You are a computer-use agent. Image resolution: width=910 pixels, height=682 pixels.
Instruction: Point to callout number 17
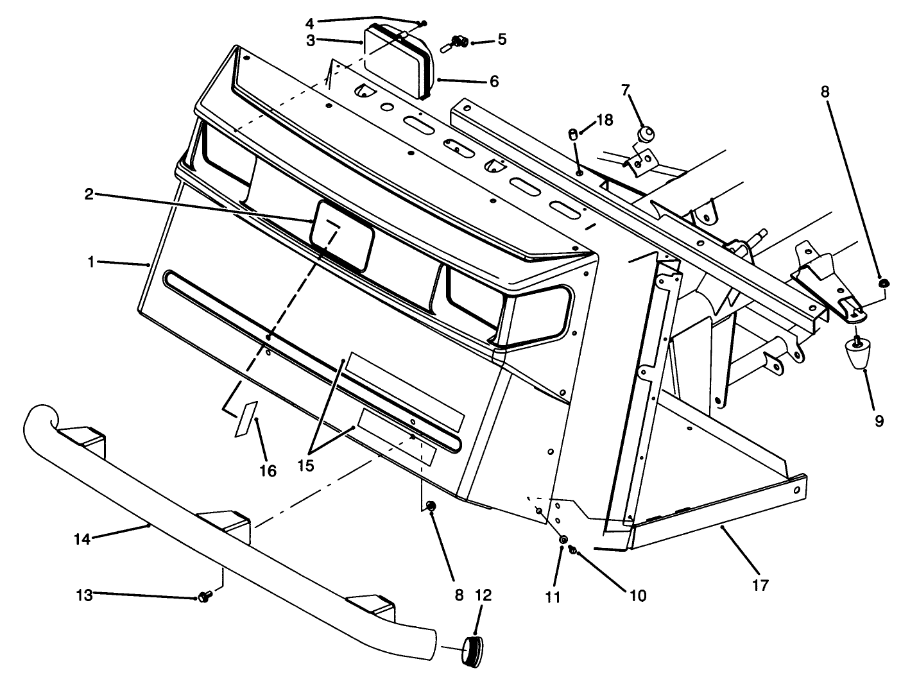click(x=761, y=584)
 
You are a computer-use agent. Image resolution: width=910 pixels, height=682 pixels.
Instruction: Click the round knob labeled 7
click(x=647, y=135)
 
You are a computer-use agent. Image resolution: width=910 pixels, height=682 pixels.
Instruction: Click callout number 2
click(x=89, y=194)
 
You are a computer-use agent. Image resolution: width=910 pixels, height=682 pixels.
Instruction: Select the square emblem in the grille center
click(x=341, y=235)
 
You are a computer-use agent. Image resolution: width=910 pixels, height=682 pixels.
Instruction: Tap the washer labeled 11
click(x=563, y=540)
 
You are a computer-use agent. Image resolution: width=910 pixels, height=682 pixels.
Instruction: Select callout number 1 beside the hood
click(x=91, y=262)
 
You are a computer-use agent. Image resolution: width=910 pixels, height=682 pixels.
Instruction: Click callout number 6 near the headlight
click(x=493, y=81)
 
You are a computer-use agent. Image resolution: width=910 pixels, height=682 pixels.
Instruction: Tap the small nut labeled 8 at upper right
click(x=884, y=282)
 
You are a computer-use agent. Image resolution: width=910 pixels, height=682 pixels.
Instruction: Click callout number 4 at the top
click(x=309, y=24)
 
